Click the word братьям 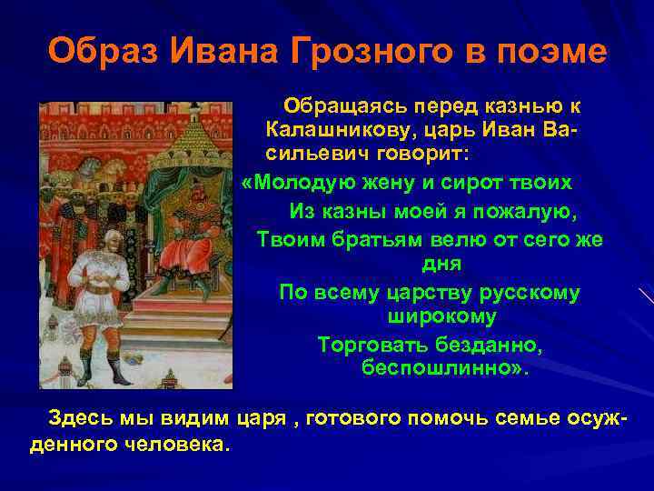tap(376, 240)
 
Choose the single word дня tap(441, 264)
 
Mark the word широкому tap(441, 316)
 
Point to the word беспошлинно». tap(443, 369)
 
